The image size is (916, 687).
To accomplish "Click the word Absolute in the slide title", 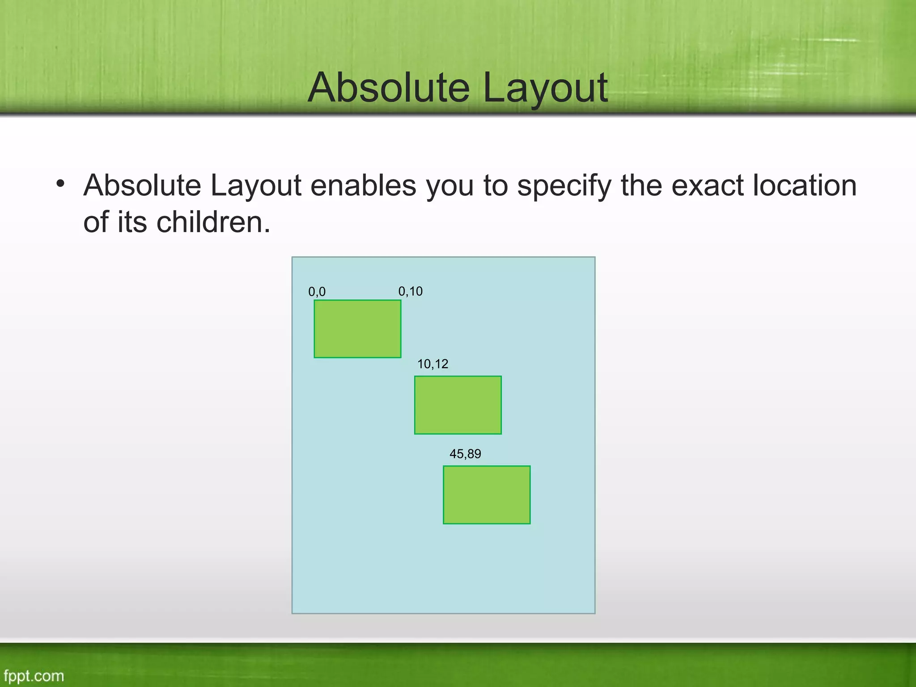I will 388,88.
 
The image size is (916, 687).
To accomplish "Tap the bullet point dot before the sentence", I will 61,184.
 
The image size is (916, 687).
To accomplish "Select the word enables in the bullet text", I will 363,186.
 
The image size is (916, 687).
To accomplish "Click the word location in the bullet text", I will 805,186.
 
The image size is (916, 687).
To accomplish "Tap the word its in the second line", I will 132,222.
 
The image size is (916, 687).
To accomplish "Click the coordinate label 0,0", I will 317,292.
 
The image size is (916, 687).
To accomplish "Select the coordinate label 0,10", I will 410,291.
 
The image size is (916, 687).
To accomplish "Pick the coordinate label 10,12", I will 433,364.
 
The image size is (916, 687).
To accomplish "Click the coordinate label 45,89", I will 465,454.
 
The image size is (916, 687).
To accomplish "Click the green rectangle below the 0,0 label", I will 357,329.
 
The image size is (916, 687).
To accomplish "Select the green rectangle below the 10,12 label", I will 458,405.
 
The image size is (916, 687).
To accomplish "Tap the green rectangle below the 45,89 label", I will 487,495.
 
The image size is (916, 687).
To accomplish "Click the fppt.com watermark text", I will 34,675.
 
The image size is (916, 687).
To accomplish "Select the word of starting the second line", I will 96,222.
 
